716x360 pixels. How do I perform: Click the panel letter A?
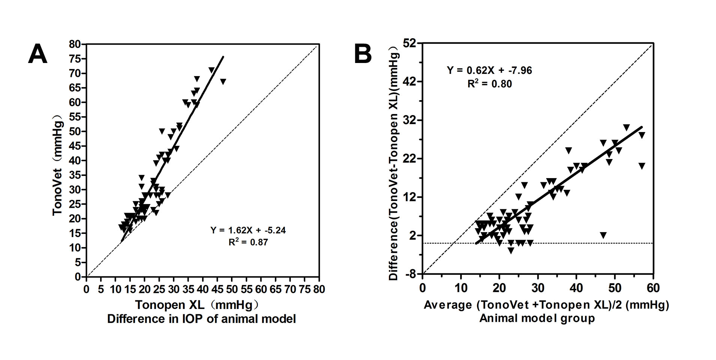[38, 54]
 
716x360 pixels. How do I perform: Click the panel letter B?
[363, 54]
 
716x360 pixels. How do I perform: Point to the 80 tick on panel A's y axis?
[75, 44]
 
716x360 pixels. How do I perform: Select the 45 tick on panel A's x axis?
[218, 289]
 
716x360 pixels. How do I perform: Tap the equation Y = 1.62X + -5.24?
[248, 230]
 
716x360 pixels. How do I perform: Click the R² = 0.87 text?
[248, 242]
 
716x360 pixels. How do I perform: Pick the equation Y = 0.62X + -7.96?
[489, 70]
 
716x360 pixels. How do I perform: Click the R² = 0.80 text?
[489, 84]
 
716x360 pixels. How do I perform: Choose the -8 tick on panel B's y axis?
[411, 274]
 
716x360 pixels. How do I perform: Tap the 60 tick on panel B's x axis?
[653, 288]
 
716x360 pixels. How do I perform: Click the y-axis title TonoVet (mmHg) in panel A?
[57, 165]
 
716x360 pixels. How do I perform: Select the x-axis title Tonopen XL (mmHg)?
[197, 305]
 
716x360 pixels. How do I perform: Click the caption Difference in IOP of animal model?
[201, 319]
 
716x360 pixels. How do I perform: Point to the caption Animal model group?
[537, 318]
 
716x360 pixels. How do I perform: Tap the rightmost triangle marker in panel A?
[223, 81]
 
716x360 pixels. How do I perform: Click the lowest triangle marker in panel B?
[511, 250]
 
